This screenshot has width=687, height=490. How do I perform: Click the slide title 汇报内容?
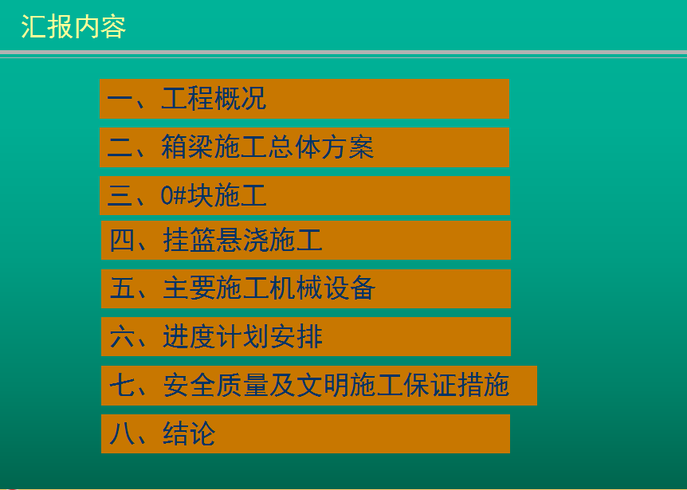click(73, 27)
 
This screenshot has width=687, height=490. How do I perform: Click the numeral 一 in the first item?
click(120, 99)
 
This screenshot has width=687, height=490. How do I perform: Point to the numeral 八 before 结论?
click(122, 434)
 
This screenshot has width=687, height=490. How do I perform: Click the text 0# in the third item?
click(174, 196)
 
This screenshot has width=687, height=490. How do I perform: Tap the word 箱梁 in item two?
click(187, 147)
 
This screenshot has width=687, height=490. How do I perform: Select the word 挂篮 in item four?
click(189, 240)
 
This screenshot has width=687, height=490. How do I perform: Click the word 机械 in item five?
click(296, 288)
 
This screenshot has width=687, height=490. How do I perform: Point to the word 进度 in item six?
click(189, 337)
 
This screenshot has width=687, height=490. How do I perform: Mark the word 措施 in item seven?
click(483, 386)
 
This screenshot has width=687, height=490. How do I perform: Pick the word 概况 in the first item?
click(240, 98)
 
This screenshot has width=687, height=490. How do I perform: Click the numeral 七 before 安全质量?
click(122, 386)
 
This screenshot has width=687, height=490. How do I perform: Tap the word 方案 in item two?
click(347, 147)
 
